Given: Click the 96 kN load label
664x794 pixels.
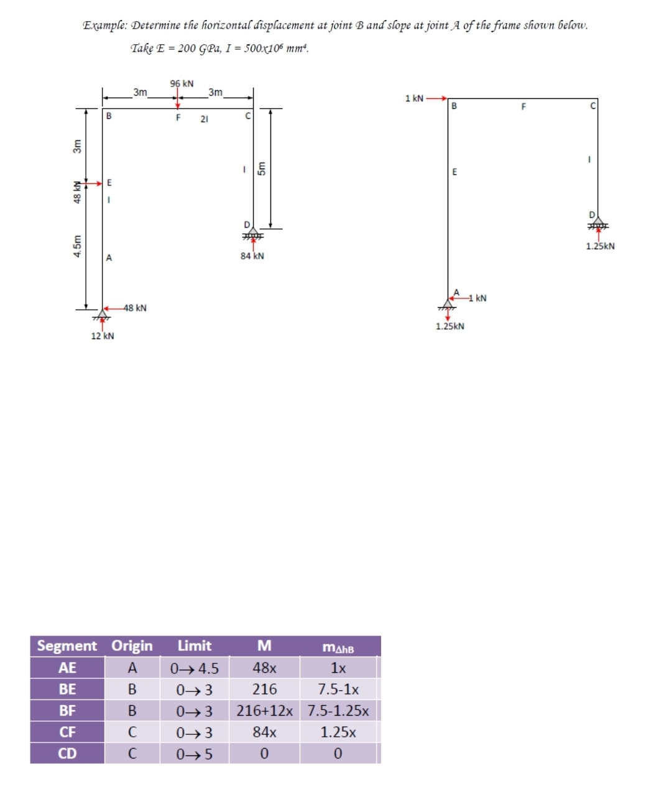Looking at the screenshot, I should click(182, 84).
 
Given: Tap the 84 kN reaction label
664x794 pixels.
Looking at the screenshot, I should click(252, 256).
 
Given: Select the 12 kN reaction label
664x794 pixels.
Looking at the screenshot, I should click(103, 336).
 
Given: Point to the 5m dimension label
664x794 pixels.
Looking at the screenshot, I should click(262, 168).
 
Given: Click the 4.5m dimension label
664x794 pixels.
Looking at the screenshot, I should click(78, 245).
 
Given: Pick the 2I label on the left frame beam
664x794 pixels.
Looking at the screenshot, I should click(204, 119).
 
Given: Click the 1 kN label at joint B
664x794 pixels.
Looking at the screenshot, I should click(414, 98).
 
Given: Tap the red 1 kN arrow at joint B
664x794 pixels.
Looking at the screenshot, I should click(436, 98).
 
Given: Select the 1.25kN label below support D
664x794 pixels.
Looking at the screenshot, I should click(600, 246).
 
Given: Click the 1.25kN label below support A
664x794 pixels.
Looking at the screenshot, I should click(450, 326).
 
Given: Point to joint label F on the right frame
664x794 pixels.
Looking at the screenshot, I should click(523, 107).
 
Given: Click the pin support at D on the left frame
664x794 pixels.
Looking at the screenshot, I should click(252, 233).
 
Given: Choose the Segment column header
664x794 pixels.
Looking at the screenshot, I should click(67, 646).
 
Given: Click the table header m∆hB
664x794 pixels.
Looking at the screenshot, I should click(338, 648).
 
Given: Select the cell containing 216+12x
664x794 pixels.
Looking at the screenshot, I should click(264, 711).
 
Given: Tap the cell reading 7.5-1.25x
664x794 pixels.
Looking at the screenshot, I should click(338, 711).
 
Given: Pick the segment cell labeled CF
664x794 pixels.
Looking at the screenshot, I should click(67, 732).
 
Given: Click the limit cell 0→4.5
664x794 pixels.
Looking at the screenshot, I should click(195, 668).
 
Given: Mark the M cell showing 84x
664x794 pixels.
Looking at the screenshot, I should click(264, 732).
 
